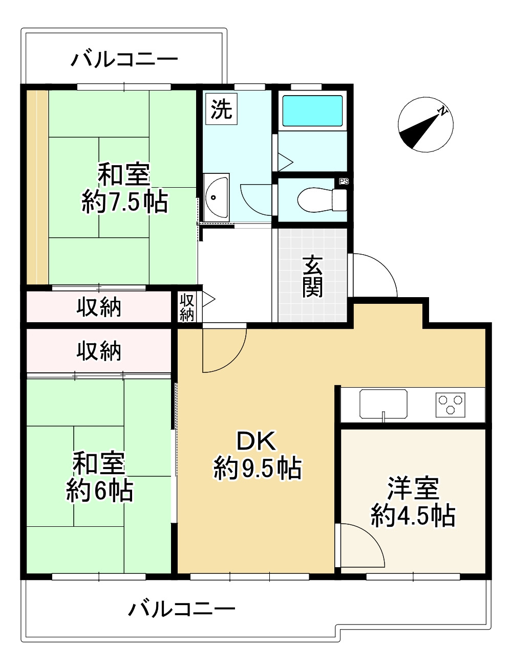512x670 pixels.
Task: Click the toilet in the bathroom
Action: coord(316,199)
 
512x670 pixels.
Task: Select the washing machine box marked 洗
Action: coord(221,108)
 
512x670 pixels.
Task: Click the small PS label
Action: coord(344,182)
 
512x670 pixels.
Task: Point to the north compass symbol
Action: coord(425,124)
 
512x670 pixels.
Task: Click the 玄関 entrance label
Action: coord(312,276)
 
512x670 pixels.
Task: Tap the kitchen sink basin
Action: coord(383,404)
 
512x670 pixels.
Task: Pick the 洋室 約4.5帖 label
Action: coord(413,502)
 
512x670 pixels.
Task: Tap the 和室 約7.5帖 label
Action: coord(124,188)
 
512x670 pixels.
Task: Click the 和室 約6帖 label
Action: coord(99,477)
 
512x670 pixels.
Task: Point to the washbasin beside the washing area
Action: coord(217,195)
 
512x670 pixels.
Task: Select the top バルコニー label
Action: coord(124,59)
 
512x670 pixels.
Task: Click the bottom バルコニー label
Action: coord(182,609)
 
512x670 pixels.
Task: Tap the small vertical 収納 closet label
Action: coord(187,307)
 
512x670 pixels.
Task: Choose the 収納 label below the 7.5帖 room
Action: coord(99,307)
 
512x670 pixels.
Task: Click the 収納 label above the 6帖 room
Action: coord(99,351)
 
